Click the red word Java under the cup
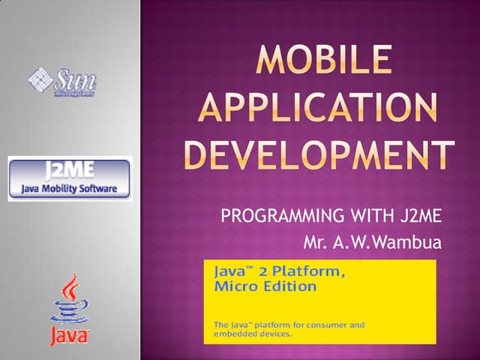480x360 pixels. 69,336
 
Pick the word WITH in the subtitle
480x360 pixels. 371,218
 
